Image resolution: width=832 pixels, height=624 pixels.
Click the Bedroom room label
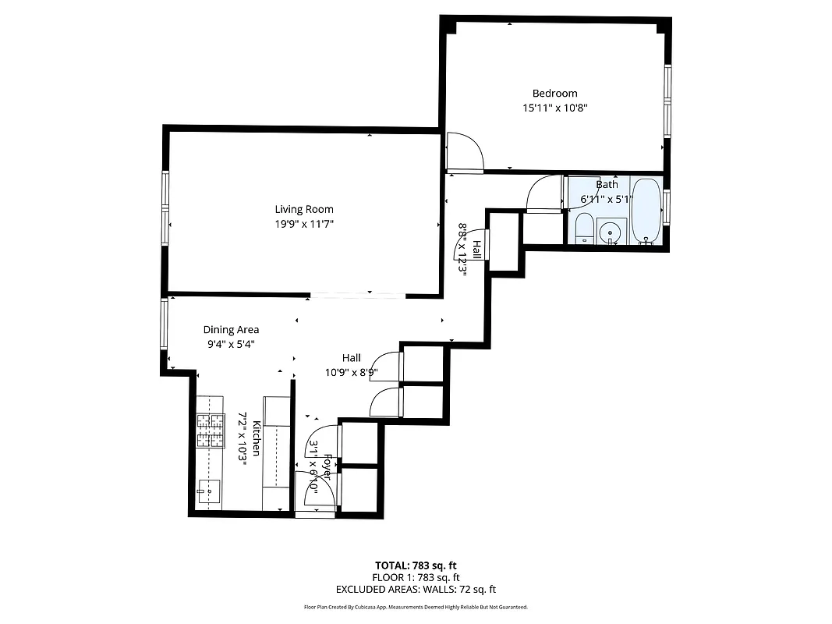point(554,94)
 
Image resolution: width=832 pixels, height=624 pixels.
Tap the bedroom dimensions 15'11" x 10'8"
point(554,108)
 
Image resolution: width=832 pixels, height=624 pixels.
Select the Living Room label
point(304,209)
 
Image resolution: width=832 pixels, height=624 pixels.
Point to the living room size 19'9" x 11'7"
point(304,224)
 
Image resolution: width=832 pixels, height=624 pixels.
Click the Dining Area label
point(231,330)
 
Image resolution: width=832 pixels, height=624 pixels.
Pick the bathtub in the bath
point(646,211)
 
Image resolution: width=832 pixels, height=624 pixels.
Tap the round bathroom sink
point(609,232)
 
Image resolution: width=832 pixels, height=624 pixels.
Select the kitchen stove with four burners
point(209,431)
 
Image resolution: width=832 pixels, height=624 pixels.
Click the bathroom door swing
point(544,195)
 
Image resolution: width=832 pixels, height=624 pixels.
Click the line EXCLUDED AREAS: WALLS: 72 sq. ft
point(416,590)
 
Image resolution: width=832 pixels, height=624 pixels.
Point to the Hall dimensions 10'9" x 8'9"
point(351,372)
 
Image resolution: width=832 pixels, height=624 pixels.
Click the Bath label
point(607,185)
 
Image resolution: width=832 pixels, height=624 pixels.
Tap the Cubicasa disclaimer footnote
point(416,607)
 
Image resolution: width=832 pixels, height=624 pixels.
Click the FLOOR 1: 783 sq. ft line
point(416,577)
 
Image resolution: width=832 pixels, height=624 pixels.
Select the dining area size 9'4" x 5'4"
point(231,344)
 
